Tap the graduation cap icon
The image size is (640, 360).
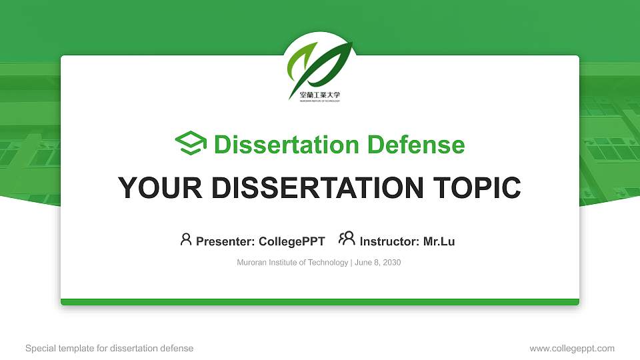[191, 144]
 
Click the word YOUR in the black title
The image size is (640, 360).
[157, 188]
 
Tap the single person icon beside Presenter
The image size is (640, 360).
[186, 239]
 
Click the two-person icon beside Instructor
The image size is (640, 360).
[347, 239]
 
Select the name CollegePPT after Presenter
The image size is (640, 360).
[291, 241]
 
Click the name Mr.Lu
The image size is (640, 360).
[439, 241]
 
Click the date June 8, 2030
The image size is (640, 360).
[378, 263]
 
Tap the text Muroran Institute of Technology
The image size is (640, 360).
[292, 263]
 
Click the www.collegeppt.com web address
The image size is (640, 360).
[572, 348]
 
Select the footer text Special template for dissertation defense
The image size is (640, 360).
[109, 348]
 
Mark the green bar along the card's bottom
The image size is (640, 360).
[320, 302]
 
